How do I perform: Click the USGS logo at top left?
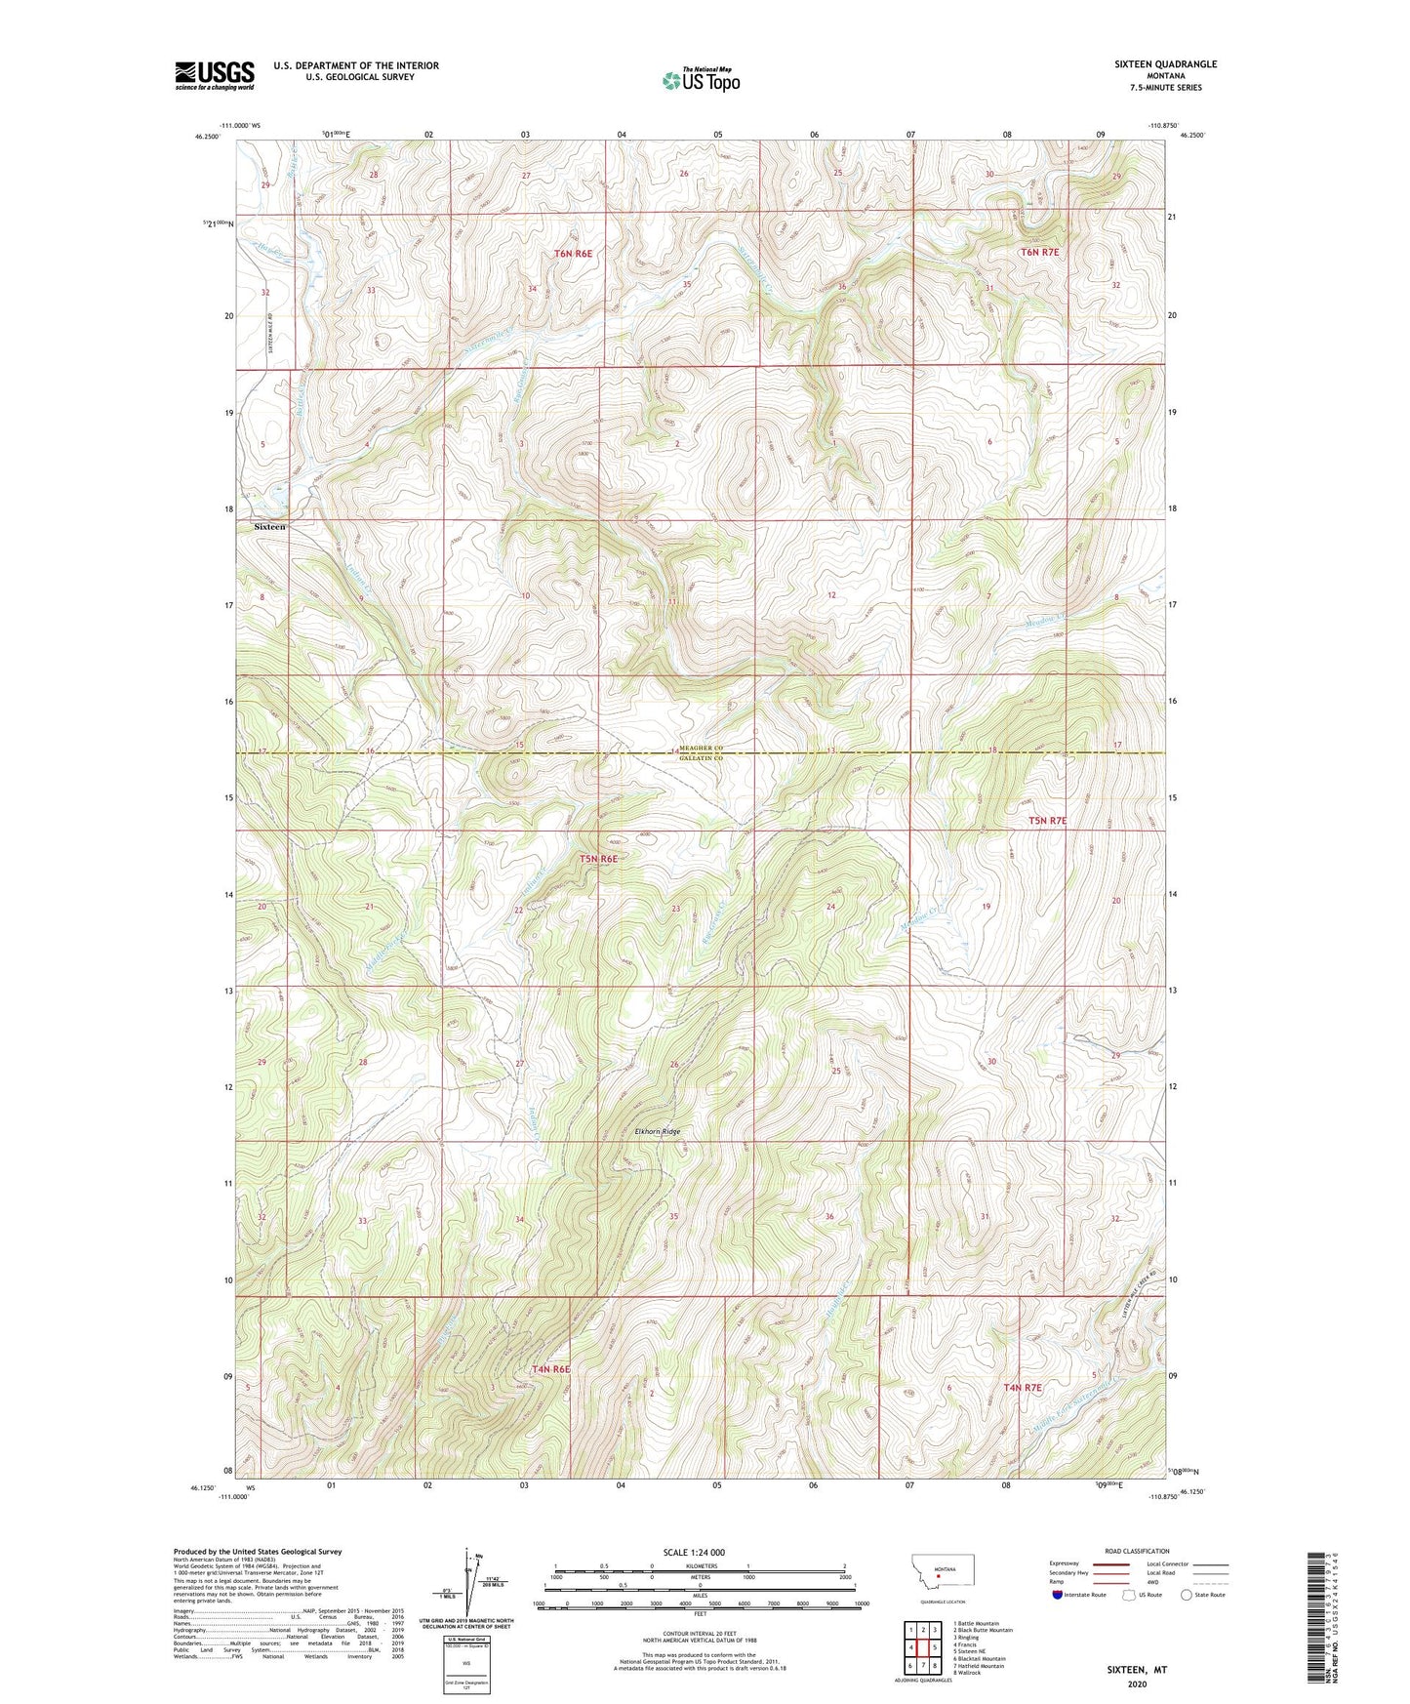tap(214, 74)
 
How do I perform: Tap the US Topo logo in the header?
tap(701, 80)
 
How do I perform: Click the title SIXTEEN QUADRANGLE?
tap(1165, 64)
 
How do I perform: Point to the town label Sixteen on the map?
tap(269, 527)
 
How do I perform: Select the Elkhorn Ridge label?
tap(657, 1132)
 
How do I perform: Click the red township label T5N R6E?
tap(598, 859)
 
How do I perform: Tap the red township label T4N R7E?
tap(1023, 1387)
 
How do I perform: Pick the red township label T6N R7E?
tap(1039, 252)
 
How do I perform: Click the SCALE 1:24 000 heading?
tap(693, 1552)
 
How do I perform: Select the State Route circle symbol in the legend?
tap(1187, 1595)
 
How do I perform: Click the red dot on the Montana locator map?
tap(938, 1573)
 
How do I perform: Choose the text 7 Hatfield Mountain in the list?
tap(978, 1666)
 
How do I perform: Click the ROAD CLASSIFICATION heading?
tap(1137, 1551)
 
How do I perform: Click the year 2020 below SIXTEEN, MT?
tap(1137, 1684)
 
